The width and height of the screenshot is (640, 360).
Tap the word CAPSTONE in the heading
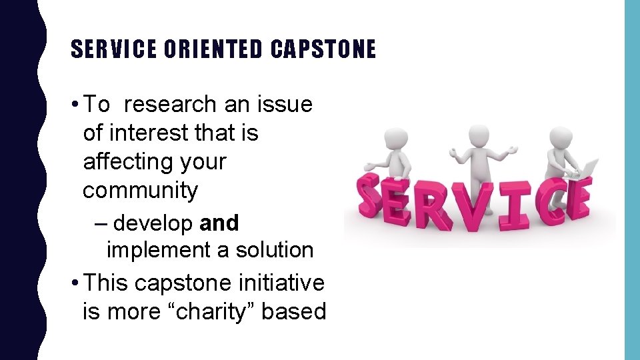[323, 49]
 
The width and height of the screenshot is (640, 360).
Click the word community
[140, 191]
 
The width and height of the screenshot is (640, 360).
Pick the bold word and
[219, 223]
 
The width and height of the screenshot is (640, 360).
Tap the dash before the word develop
[101, 223]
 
